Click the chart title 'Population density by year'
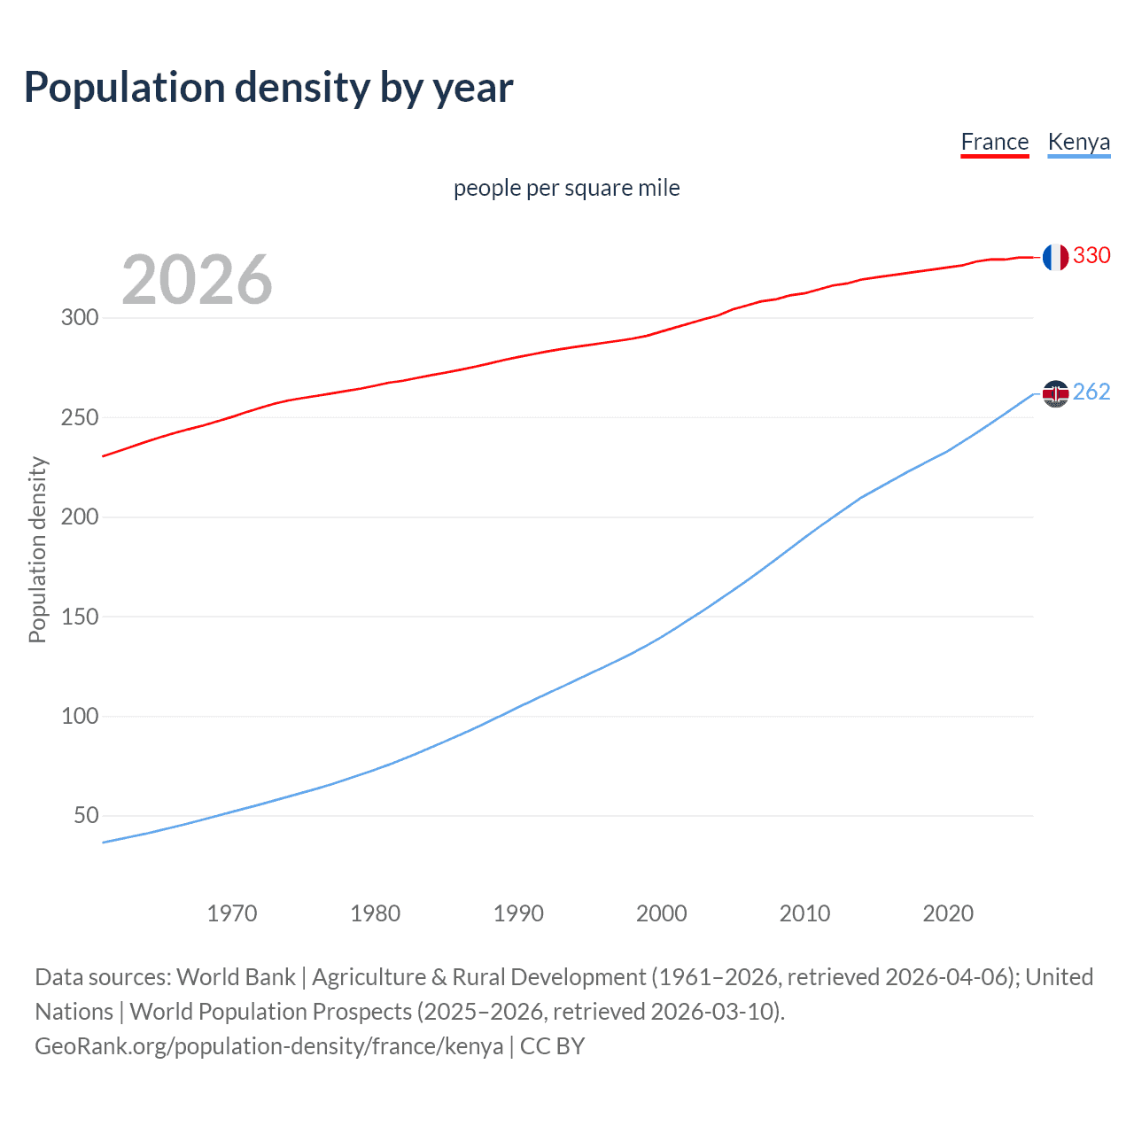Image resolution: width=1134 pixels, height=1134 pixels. pyautogui.click(x=268, y=88)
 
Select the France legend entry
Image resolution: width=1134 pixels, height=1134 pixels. pyautogui.click(x=994, y=142)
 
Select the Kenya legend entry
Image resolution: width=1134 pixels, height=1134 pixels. pyautogui.click(x=1078, y=142)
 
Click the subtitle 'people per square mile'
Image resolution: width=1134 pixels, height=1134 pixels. pyautogui.click(x=566, y=188)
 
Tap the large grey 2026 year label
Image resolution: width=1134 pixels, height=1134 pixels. pyautogui.click(x=197, y=280)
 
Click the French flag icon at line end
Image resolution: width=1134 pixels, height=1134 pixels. pyautogui.click(x=1054, y=257)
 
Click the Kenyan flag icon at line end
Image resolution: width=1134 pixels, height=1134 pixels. pyautogui.click(x=1054, y=392)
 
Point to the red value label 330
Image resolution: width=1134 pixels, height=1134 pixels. pyautogui.click(x=1091, y=255)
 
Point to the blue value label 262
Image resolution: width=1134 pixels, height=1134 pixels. pyautogui.click(x=1091, y=392)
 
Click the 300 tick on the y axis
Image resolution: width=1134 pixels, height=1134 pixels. pyautogui.click(x=80, y=317)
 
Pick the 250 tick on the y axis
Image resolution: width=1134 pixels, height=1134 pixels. pyautogui.click(x=80, y=417)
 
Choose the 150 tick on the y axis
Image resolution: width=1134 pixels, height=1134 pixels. pyautogui.click(x=80, y=617)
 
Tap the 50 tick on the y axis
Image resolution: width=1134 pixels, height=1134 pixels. pyautogui.click(x=86, y=815)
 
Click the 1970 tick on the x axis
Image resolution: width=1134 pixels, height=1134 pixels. pyautogui.click(x=232, y=913)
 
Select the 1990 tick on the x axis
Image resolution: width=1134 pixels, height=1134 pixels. pyautogui.click(x=518, y=913)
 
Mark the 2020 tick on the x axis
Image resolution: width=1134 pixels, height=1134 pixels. pyautogui.click(x=948, y=913)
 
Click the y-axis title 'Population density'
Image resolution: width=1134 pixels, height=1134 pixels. pyautogui.click(x=37, y=549)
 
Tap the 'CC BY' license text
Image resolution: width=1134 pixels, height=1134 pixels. pyautogui.click(x=552, y=1046)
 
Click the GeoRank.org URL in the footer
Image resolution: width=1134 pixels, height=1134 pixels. pyautogui.click(x=268, y=1046)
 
